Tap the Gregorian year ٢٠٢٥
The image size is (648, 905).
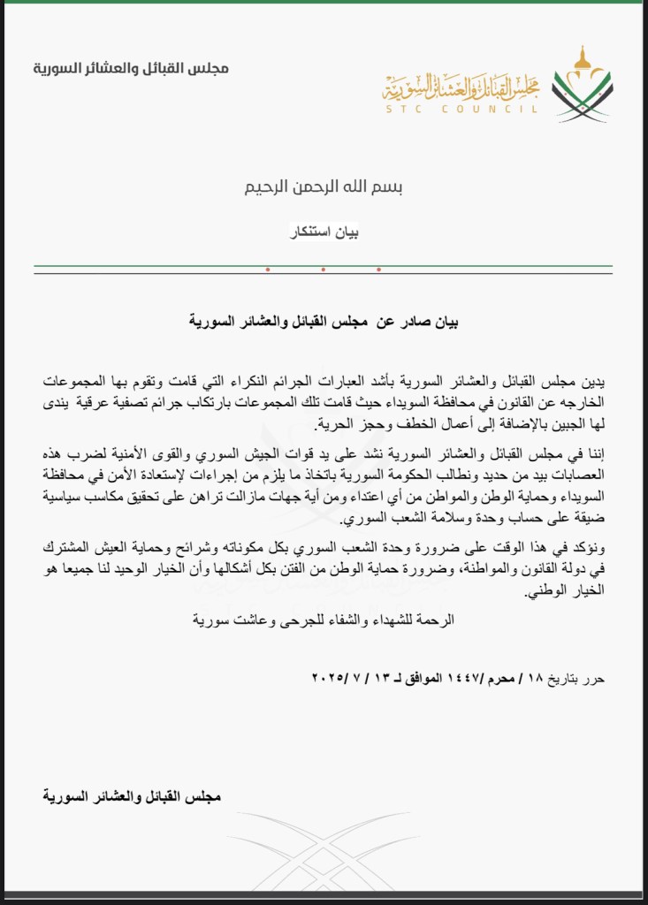click(x=329, y=678)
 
